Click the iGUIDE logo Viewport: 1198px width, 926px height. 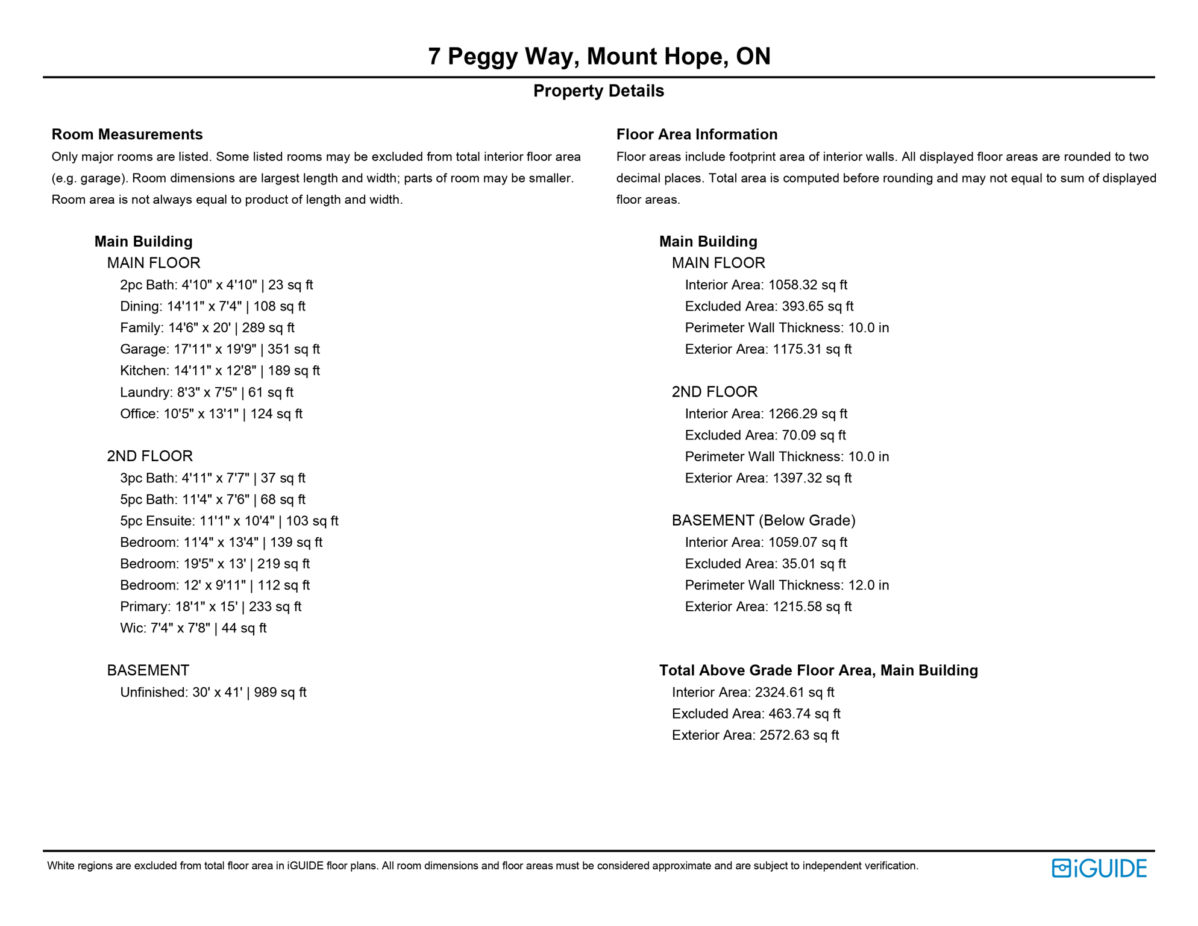[1099, 868]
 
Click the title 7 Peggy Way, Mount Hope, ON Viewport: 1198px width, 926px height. [599, 56]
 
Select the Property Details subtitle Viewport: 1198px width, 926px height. [598, 91]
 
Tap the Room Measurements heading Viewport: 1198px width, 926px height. [127, 134]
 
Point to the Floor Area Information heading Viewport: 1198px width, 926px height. [697, 134]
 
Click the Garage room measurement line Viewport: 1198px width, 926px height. [219, 349]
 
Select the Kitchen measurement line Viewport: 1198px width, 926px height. [219, 371]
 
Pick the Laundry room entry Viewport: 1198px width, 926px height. [206, 392]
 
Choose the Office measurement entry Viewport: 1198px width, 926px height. [211, 414]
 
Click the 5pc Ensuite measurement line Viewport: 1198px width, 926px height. [229, 521]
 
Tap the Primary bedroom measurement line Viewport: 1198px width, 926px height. [210, 606]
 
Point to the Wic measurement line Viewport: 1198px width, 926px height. [193, 628]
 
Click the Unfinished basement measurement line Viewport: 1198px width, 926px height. [213, 693]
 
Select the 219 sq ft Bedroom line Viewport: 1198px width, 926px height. [215, 564]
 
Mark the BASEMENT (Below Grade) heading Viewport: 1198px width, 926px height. [764, 520]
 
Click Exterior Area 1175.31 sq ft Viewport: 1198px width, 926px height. [768, 349]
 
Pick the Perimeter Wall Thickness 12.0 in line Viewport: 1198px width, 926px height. [786, 585]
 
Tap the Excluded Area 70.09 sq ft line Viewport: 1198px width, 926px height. [765, 435]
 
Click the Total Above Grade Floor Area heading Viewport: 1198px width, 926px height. [818, 670]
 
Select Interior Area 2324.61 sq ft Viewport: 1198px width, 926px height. [753, 693]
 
